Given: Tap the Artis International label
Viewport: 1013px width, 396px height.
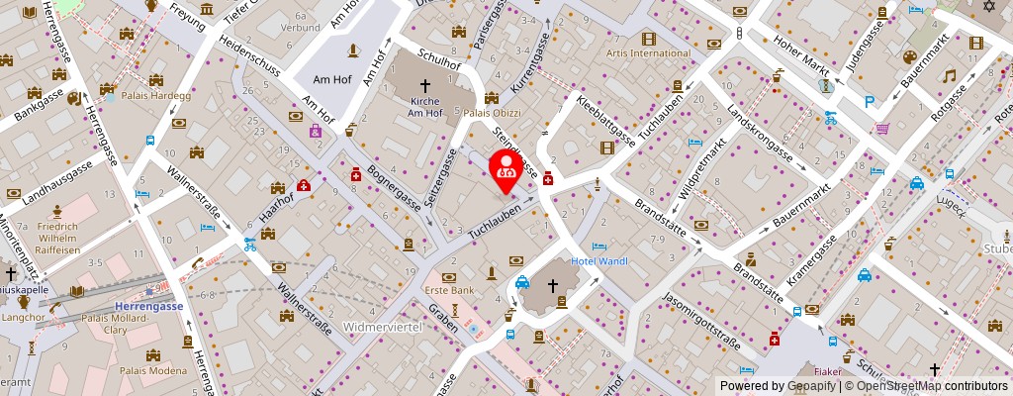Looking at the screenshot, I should coord(648,52).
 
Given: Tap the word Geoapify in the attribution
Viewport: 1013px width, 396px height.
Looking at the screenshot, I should coord(811,386).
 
